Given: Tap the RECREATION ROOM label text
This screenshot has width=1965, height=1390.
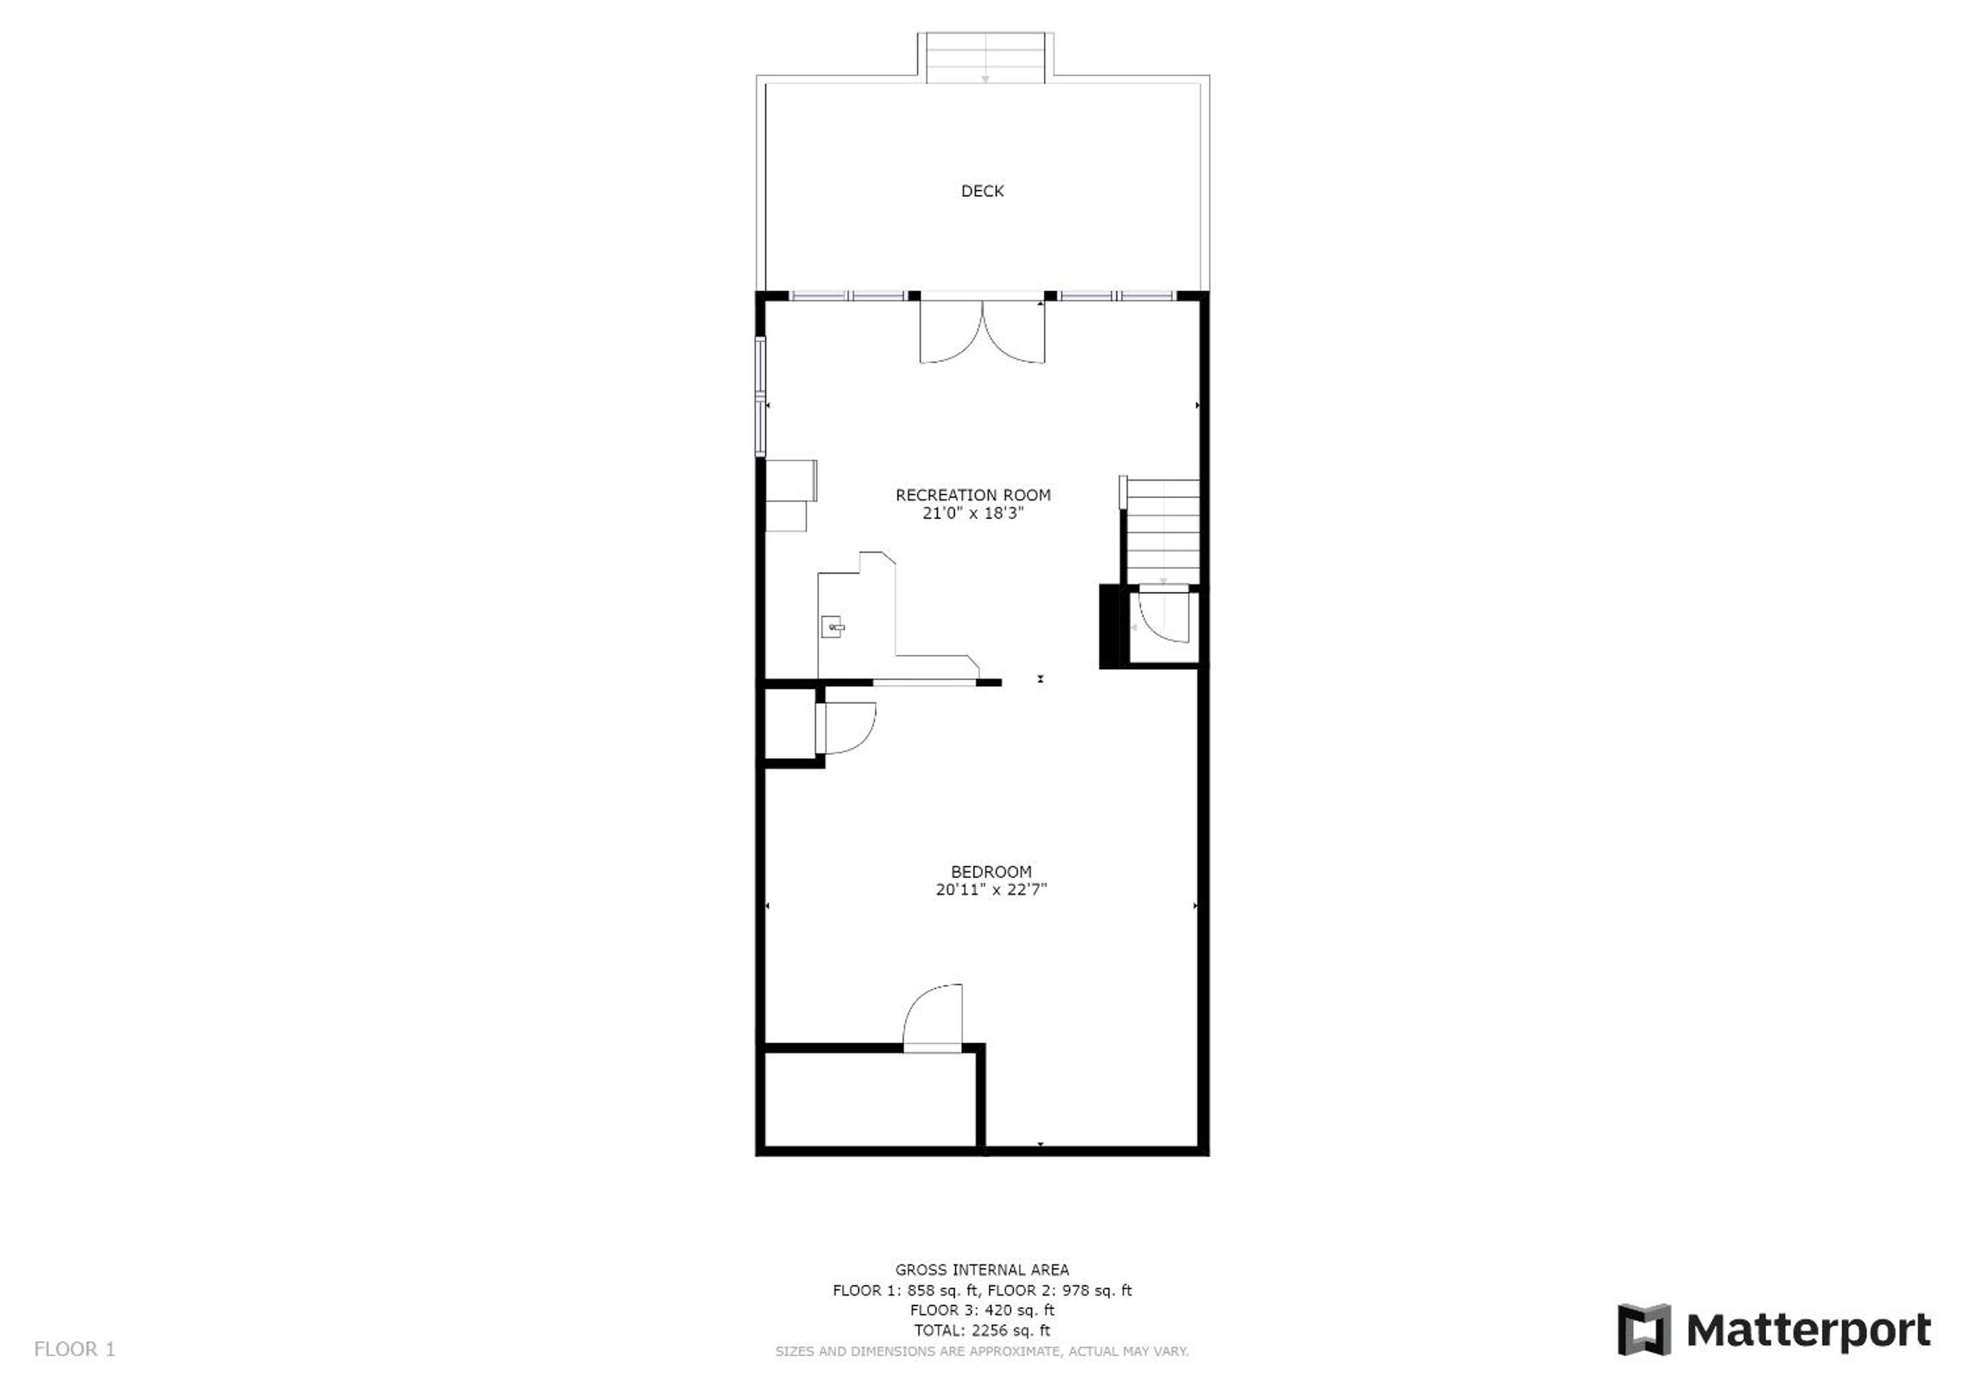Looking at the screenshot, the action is pos(973,495).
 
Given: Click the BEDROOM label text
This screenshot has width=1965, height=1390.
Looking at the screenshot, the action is pos(991,871).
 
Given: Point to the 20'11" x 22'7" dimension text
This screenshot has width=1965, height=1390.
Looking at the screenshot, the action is pos(991,889).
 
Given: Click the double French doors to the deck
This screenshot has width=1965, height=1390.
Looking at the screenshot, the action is pos(983,332).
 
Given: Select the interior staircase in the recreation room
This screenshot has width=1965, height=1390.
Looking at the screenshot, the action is pos(1161,531).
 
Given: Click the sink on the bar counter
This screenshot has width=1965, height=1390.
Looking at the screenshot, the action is pos(833,626).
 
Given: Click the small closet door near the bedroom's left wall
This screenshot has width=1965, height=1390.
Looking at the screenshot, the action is pos(847,728).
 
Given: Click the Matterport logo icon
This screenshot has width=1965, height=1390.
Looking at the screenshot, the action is pos(1643,1331).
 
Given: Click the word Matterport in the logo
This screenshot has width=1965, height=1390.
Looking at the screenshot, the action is pos(1808,1332).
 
